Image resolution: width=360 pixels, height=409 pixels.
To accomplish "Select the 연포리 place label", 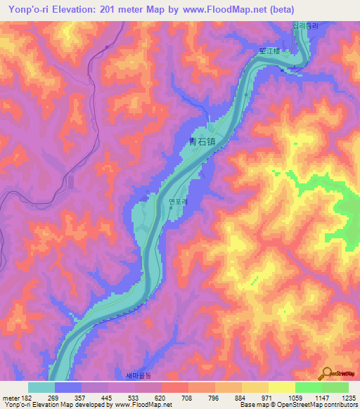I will pyautogui.click(x=177, y=199).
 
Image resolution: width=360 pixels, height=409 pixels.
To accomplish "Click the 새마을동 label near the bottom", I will pyautogui.click(x=138, y=375).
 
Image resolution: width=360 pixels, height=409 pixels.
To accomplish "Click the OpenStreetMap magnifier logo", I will pyautogui.click(x=327, y=373).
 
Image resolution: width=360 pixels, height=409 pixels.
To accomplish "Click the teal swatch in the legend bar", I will pyautogui.click(x=41, y=387).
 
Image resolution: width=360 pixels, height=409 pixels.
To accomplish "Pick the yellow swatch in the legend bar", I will pyautogui.click(x=282, y=387).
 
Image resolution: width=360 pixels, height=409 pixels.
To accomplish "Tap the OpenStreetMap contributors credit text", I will pyautogui.click(x=320, y=405).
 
